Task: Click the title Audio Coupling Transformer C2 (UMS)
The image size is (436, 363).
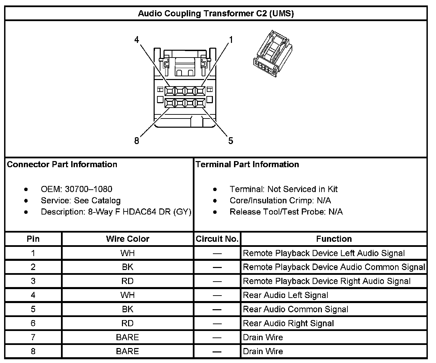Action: coord(216,14)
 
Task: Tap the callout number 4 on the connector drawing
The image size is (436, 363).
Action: coord(137,40)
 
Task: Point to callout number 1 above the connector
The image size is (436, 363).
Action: coord(231,40)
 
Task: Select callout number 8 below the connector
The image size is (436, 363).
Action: coord(137,141)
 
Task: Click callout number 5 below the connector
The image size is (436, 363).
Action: coord(231,141)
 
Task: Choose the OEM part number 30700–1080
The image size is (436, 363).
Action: coord(89,189)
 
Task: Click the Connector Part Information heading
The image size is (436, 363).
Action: coord(62,164)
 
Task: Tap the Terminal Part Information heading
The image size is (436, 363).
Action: coord(247,164)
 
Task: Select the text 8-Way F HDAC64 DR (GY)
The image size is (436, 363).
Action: coord(140,212)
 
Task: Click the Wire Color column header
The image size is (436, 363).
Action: coord(128,239)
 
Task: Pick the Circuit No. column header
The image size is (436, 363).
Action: coord(217,239)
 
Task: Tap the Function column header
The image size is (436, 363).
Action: coord(334,239)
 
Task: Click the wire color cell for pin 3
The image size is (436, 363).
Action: coord(128,281)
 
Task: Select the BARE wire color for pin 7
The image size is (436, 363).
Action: coord(128,337)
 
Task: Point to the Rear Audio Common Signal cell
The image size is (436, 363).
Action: coord(295,310)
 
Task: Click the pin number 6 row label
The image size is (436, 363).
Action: coord(33,323)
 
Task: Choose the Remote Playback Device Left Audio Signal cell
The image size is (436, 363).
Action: coord(324,253)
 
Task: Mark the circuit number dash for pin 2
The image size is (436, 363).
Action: coord(217,267)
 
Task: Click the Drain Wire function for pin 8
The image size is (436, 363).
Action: coord(263,351)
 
